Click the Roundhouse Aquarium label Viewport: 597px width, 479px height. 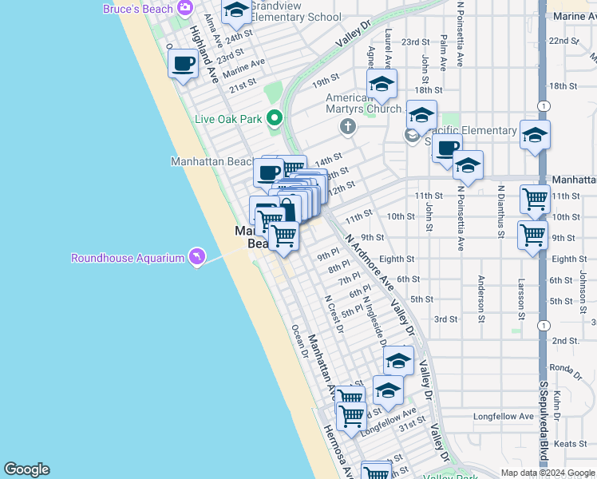point(128,258)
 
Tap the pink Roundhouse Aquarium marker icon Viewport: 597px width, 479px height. point(196,256)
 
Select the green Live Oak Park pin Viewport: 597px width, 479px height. point(275,119)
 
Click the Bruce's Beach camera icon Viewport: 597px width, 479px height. point(185,8)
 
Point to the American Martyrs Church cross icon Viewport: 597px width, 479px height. point(347,126)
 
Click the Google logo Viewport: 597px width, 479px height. point(26,469)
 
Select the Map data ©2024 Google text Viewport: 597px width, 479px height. point(547,473)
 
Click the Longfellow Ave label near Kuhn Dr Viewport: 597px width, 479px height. point(504,417)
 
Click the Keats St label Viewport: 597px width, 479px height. point(570,443)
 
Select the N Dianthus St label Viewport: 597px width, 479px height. point(500,212)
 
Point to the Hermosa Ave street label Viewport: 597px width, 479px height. point(336,452)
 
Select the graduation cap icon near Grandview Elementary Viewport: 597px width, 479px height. point(236,10)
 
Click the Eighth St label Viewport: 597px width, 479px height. point(397,259)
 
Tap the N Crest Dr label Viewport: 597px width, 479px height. point(333,314)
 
